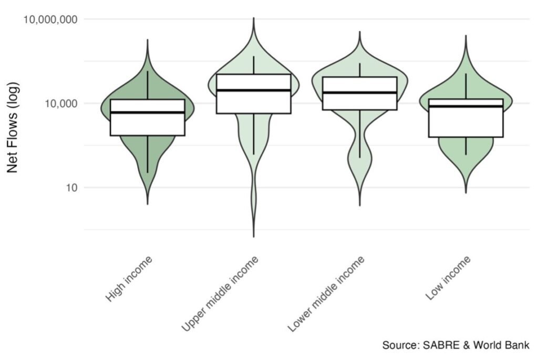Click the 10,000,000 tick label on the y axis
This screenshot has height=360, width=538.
[x=50, y=19]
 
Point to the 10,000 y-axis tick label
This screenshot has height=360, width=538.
[x=61, y=104]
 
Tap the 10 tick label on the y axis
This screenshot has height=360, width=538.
[x=71, y=188]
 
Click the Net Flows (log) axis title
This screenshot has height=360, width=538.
[x=13, y=127]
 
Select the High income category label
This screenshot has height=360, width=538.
[x=129, y=279]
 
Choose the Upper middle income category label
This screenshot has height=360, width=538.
[x=220, y=294]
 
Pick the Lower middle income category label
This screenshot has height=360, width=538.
[x=326, y=294]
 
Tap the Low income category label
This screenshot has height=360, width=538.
[x=448, y=279]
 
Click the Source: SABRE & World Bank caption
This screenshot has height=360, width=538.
[x=456, y=345]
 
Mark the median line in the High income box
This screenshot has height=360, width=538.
[x=148, y=112]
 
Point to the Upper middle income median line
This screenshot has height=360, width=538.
[x=254, y=90]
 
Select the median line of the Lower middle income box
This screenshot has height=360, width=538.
[x=360, y=92]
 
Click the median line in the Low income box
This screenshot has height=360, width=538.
[x=466, y=106]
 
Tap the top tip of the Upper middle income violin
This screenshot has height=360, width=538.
[x=254, y=17]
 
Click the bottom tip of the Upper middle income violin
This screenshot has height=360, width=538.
[x=254, y=237]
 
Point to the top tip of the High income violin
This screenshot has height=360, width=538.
[x=148, y=40]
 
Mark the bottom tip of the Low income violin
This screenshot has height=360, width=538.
[x=466, y=193]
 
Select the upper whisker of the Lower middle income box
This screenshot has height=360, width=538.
[x=360, y=70]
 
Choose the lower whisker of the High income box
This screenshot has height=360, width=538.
[x=148, y=155]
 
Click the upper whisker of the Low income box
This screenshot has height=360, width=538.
[x=466, y=86]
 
